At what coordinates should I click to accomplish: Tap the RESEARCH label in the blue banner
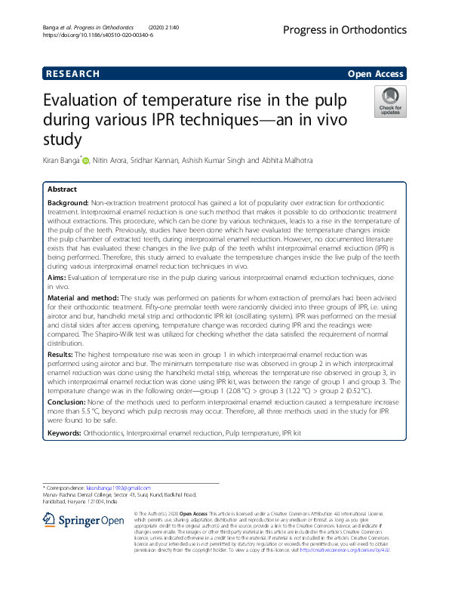(x=72, y=74)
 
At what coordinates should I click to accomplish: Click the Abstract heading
(x=62, y=189)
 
